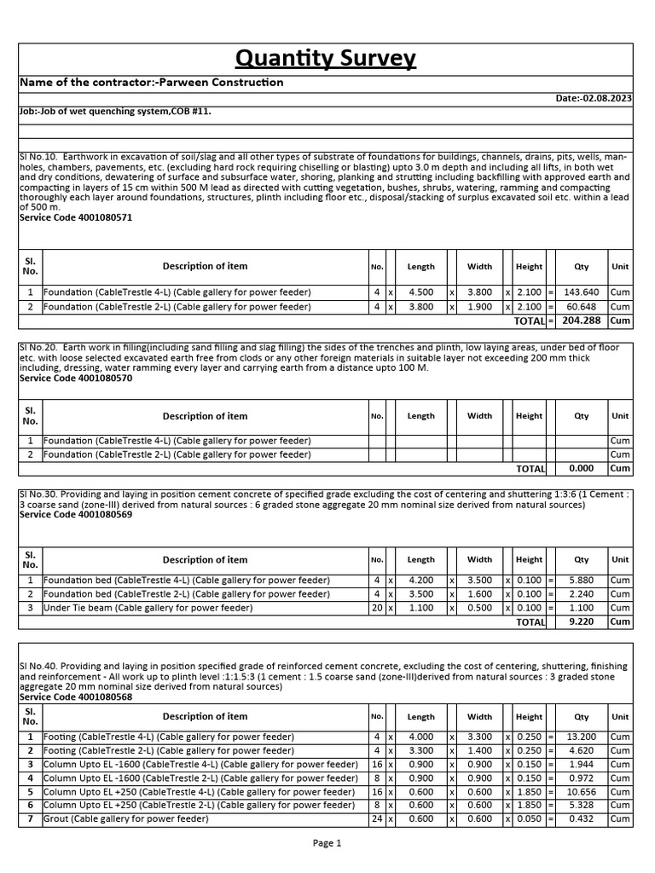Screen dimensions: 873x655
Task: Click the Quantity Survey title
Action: (326, 58)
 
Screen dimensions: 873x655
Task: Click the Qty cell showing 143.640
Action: (582, 292)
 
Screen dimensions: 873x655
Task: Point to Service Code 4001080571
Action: (76, 217)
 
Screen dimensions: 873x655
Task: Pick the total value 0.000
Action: (582, 468)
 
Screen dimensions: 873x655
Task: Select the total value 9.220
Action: (582, 622)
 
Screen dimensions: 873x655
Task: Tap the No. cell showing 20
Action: (376, 608)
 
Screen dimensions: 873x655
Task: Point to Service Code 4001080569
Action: (76, 514)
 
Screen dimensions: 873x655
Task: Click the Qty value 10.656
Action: (582, 791)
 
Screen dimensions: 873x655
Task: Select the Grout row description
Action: (125, 818)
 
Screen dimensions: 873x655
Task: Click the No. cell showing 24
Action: (376, 818)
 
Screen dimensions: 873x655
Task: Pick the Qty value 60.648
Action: (582, 306)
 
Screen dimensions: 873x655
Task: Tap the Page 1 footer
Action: (327, 843)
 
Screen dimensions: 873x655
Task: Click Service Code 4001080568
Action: (76, 697)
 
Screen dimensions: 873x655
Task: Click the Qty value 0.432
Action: (582, 818)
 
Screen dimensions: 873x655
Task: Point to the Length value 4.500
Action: (421, 292)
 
